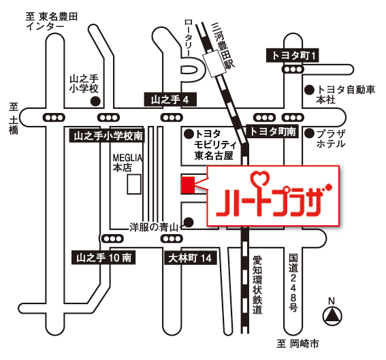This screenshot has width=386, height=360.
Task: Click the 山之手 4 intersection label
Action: click(170, 99)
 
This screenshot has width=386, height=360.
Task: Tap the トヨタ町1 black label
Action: click(293, 55)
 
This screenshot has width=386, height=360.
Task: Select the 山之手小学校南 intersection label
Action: click(107, 135)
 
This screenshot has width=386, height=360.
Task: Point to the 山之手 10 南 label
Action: click(103, 258)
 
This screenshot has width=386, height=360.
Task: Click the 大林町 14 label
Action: click(191, 258)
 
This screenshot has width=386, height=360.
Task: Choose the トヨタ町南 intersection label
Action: click(272, 131)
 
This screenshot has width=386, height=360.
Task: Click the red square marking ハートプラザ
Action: click(188, 185)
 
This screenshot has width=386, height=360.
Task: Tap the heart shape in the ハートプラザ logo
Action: click(260, 177)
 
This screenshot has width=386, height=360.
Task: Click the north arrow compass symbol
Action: click(332, 316)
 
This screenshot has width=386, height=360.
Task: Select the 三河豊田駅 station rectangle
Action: click(214, 64)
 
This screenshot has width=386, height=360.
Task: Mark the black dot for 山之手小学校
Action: click(95, 101)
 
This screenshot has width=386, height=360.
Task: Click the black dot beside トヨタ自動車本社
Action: click(310, 90)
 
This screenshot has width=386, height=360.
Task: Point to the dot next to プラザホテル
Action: click(310, 133)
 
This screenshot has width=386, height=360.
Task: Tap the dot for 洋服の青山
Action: click(189, 223)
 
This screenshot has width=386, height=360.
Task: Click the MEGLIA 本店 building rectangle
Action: click(134, 184)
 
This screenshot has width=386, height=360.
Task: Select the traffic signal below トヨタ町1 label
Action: click(293, 69)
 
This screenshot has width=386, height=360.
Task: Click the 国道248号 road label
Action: click(293, 283)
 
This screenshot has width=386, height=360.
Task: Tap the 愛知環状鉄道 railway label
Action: click(257, 285)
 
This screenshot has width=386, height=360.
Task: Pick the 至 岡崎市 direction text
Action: click(297, 344)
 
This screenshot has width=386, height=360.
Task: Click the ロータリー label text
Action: click(189, 38)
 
